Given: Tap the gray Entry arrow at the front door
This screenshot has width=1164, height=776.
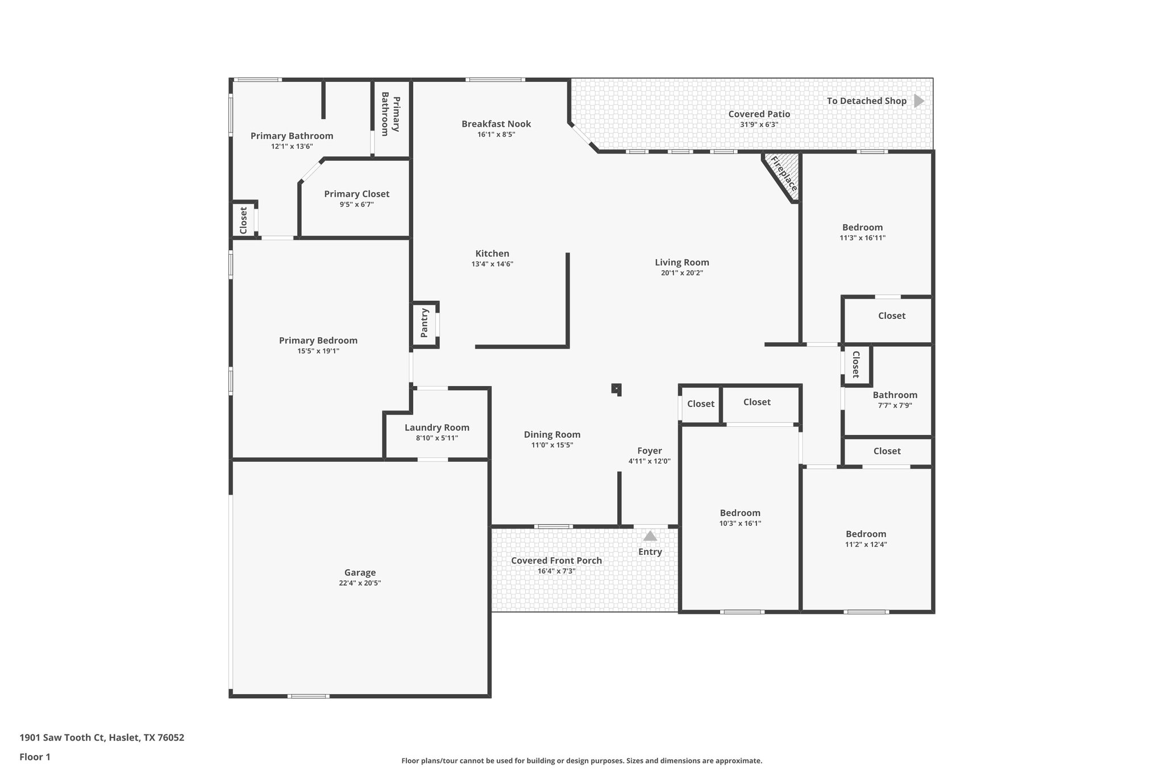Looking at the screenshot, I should pos(650,536).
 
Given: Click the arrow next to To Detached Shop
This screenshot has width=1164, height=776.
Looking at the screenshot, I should pos(918,101).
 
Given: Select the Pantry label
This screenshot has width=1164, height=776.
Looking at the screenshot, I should pos(425,323).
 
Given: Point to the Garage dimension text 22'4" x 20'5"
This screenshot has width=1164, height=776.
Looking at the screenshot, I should pos(360,583).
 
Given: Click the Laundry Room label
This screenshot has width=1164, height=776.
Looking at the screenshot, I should pos(437,428).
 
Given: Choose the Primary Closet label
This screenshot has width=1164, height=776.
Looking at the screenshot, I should pos(356,194).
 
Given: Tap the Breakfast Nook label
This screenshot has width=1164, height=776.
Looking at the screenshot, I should pos(496,124).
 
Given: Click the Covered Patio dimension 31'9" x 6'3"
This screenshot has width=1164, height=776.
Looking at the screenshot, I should pos(759,125).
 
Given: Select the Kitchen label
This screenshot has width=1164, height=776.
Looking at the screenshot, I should pos(492,254).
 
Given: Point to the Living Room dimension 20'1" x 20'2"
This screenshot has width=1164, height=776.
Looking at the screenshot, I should pos(682,273).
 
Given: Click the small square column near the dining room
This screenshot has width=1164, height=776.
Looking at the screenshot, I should pos(617,389).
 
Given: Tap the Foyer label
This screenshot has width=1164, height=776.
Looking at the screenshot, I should pos(649,451).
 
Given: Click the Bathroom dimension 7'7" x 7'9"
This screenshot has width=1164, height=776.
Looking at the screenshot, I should pos(895,405).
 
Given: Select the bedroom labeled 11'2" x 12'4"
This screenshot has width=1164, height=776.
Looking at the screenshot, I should pos(866,534).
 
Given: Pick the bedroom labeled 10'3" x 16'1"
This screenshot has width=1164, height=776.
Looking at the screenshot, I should pos(740,513).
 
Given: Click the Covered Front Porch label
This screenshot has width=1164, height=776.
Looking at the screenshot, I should pos(556,561).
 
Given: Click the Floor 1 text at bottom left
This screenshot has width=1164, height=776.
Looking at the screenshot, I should pos(35,757).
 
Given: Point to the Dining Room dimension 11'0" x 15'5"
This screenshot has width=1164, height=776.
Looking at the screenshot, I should pos(552,445).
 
